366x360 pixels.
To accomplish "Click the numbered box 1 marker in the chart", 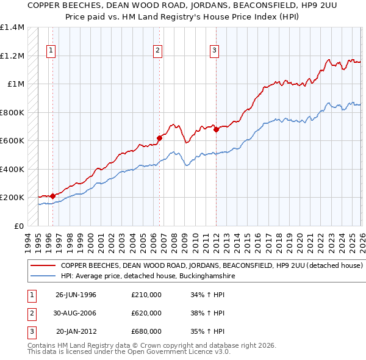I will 50,51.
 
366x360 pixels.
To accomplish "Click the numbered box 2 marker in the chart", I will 157,51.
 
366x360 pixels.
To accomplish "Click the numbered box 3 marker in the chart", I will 215,51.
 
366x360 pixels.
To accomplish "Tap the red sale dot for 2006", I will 160,138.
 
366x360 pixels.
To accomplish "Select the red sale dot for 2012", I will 217,129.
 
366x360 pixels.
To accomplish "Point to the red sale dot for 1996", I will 52,196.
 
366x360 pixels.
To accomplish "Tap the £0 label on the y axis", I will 18,226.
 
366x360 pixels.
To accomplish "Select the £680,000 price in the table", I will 146,331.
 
